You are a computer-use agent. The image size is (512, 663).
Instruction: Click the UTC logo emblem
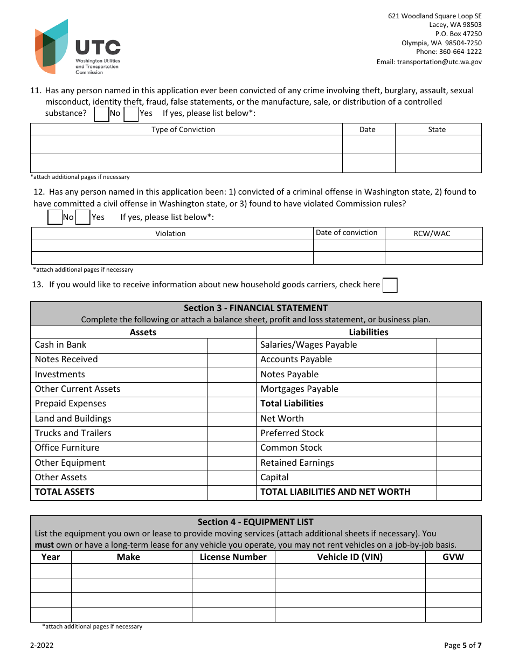coord(52,46)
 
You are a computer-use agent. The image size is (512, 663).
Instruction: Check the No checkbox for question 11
coord(102,114)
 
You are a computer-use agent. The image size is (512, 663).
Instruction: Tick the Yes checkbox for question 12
coord(82,217)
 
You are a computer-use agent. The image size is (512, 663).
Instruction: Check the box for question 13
coord(390,285)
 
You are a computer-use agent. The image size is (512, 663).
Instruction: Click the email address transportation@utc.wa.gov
coord(429,62)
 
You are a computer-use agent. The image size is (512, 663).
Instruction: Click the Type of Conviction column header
coord(183,129)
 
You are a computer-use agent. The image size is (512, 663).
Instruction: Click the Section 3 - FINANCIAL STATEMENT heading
coord(255,308)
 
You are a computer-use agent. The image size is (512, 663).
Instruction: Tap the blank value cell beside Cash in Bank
coord(231,345)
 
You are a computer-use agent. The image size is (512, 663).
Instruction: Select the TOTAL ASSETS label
coord(65,492)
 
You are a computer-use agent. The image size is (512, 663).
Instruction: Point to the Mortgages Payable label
coord(299,389)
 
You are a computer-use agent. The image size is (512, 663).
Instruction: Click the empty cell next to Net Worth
coord(458,419)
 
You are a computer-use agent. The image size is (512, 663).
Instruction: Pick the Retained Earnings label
coord(297,463)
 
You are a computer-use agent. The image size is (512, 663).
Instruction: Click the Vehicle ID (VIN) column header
coord(350,557)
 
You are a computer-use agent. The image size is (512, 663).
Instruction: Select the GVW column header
coord(453,557)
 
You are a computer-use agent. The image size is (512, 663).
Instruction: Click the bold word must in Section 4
coord(44,545)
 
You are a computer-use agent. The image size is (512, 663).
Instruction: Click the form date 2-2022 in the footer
coord(41,646)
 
